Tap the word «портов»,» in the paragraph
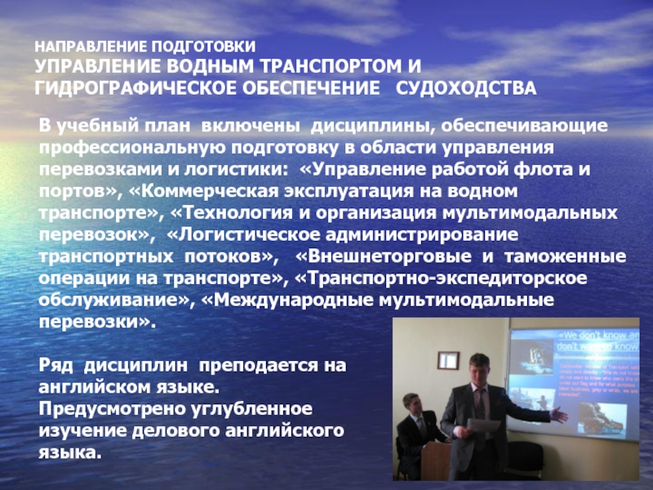pyautogui.click(x=81, y=193)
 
